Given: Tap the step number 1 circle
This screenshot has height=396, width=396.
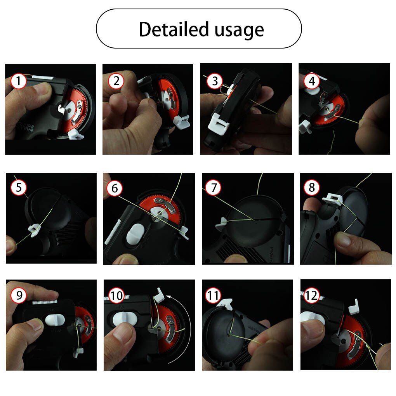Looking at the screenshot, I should tap(18, 82).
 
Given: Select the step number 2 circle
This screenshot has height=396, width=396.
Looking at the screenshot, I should tap(116, 82).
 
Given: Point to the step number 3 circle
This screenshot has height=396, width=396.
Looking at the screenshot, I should tap(215, 82).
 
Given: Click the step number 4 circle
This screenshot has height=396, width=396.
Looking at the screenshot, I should tap(312, 82).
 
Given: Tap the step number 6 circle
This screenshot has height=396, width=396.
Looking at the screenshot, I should tap(115, 188).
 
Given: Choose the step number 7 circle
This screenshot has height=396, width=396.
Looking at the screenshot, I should tap(213, 188).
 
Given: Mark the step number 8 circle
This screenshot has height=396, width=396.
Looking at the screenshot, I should tap(312, 188).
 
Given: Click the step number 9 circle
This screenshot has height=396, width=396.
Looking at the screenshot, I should tap(19, 296).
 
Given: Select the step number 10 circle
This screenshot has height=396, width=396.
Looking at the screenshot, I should tap(116, 296).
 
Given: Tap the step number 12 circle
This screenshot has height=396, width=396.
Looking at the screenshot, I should tap(311, 296).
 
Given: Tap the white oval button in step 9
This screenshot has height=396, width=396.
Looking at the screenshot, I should tap(55, 320).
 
